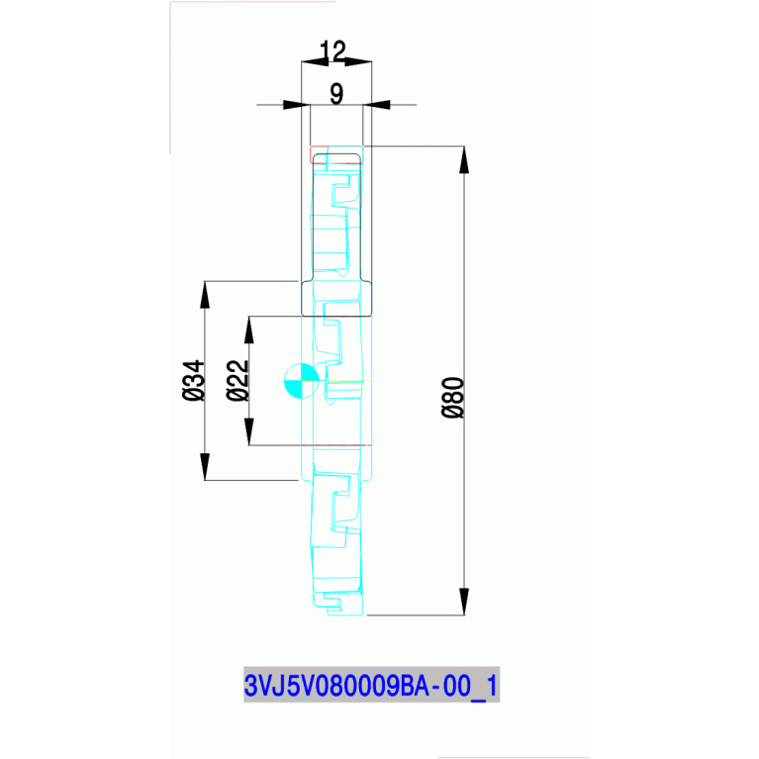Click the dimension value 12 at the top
334,50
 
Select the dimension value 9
336,94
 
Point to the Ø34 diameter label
194,380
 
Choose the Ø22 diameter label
237,380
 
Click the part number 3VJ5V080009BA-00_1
371,684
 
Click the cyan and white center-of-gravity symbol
301,381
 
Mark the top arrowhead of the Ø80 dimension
463,159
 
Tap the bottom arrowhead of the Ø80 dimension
463,602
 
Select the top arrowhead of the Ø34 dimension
205,294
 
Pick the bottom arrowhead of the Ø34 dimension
205,467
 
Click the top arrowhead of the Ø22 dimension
248,329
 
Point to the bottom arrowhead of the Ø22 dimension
248,432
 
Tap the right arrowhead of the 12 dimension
358,62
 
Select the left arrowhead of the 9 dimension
295,104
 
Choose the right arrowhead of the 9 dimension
379,104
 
